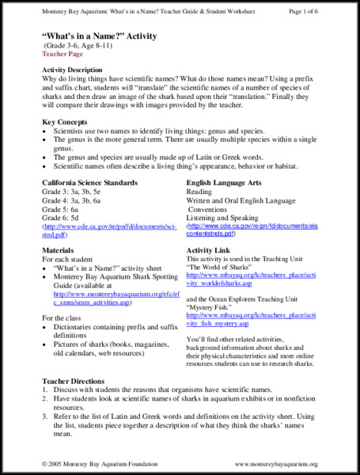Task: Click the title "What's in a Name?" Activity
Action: point(99,37)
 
